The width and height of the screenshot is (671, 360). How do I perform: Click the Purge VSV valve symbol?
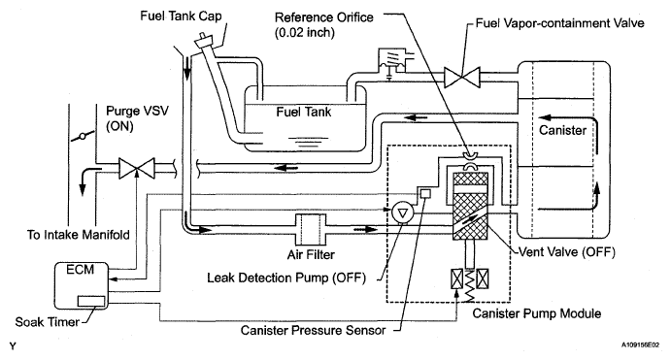[x=137, y=168]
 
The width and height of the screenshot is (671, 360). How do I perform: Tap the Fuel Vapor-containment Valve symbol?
[x=462, y=78]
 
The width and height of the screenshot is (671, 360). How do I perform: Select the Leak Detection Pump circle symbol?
[x=402, y=213]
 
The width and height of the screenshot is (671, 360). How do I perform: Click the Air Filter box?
[x=311, y=230]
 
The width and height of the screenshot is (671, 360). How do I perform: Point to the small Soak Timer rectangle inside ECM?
[x=91, y=301]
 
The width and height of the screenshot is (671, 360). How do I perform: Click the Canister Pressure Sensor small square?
[x=425, y=193]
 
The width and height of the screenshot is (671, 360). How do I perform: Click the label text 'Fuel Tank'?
[x=303, y=112]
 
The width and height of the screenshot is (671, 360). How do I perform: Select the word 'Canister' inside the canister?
[x=562, y=130]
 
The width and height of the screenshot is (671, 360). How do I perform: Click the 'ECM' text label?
[x=80, y=270]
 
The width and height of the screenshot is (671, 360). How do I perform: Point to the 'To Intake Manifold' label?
[x=79, y=235]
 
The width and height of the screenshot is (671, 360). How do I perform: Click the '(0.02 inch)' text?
[x=305, y=32]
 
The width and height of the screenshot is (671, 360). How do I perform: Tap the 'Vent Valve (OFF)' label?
[x=566, y=252]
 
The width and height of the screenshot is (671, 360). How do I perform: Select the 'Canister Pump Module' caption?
[x=537, y=313]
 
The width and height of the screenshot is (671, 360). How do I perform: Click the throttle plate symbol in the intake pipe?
[x=83, y=137]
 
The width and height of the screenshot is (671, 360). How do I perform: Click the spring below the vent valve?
[x=470, y=285]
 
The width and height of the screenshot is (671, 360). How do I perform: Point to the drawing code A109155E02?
[x=641, y=344]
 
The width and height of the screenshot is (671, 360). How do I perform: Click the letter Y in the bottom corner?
[x=13, y=345]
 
